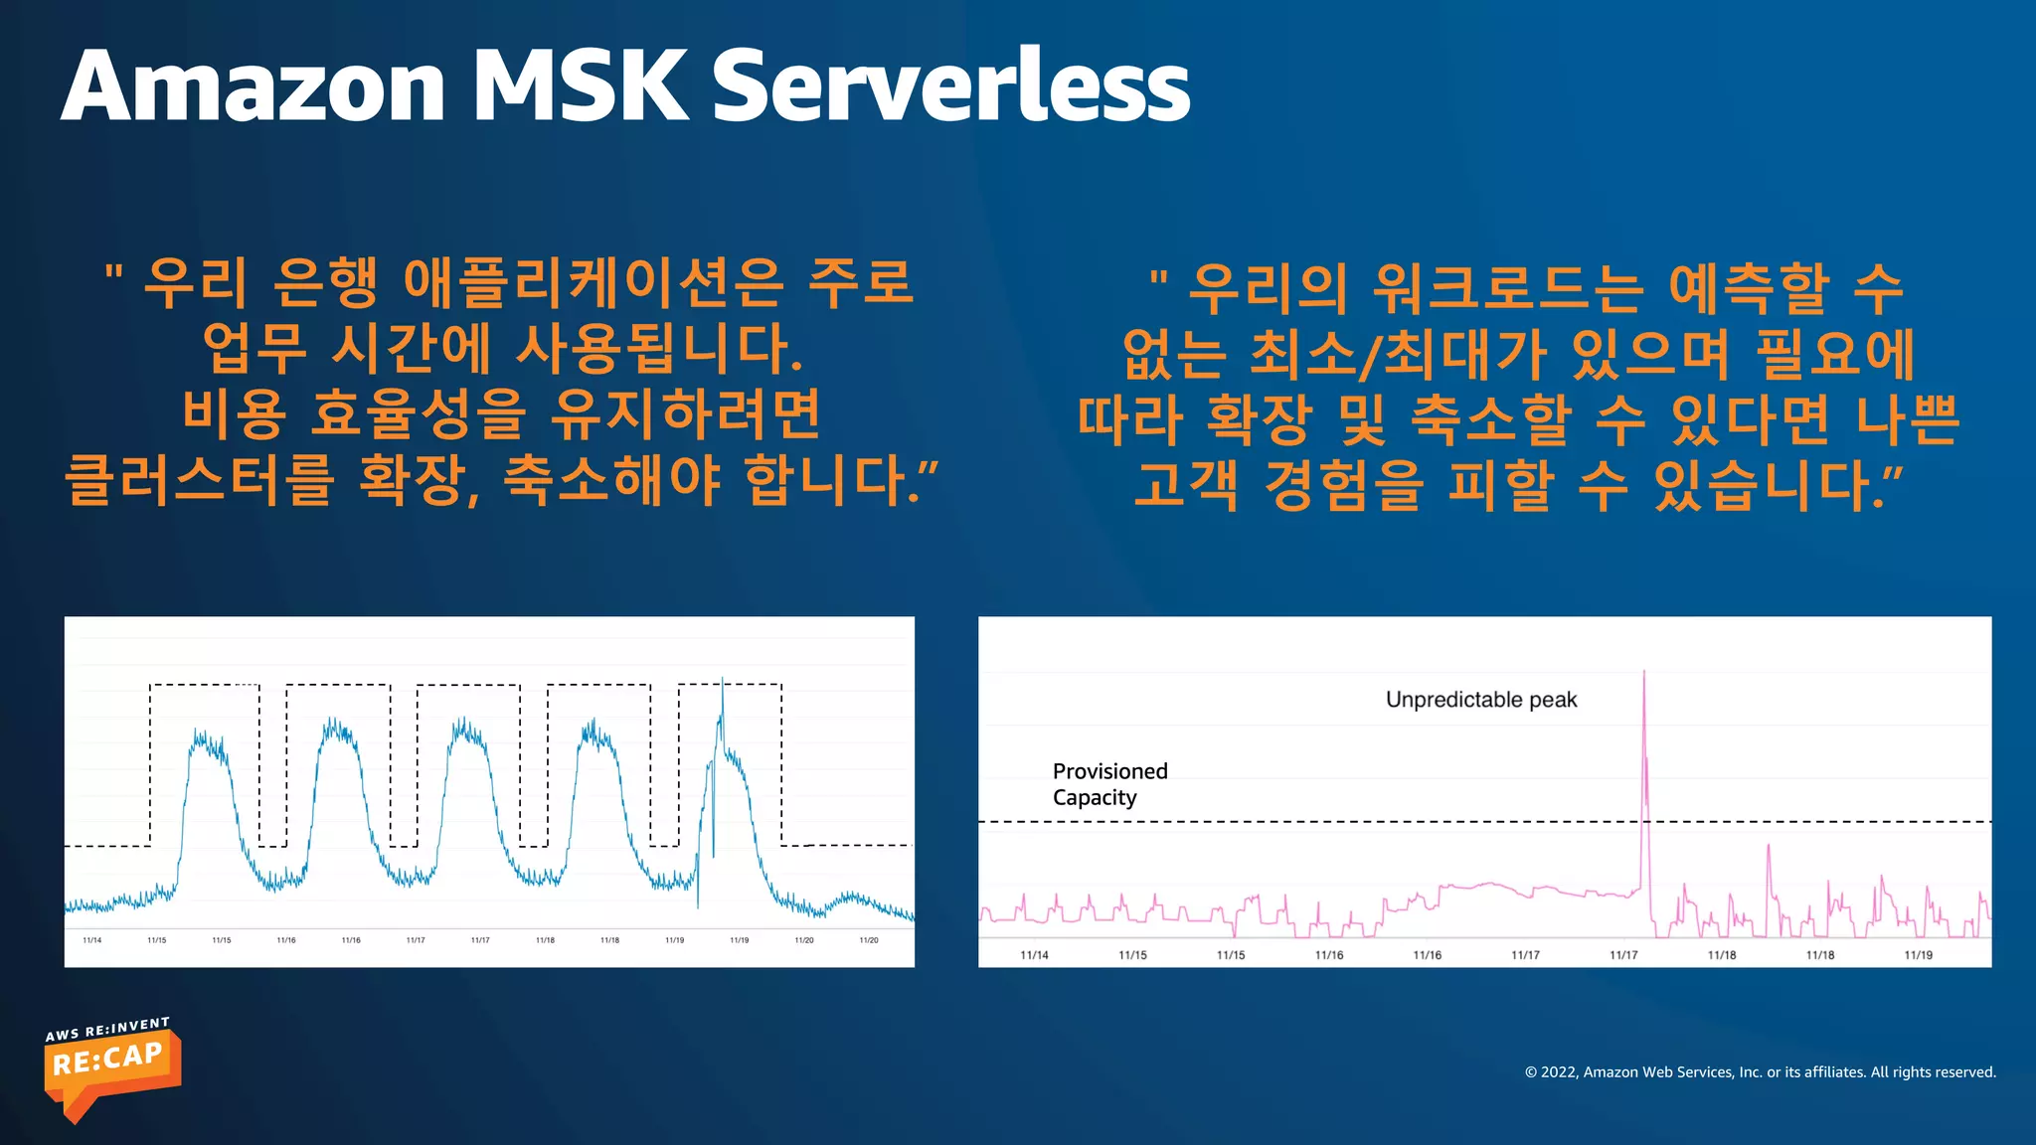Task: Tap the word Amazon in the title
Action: pos(254,87)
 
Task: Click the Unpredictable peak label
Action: pos(1480,700)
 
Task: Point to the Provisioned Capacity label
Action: pos(1108,784)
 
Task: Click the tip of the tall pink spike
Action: pos(1643,673)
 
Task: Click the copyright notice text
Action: pos(1760,1071)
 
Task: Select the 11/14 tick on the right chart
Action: pos(1034,955)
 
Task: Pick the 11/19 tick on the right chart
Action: pos(1918,955)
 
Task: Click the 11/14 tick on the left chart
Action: pos(91,940)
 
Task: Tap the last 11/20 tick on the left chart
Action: pos(868,940)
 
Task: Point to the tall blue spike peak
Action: pos(722,681)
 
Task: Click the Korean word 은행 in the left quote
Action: pos(326,283)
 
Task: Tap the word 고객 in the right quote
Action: pos(1185,485)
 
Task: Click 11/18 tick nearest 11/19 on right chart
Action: pos(1819,955)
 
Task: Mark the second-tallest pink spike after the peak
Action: pos(1768,847)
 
